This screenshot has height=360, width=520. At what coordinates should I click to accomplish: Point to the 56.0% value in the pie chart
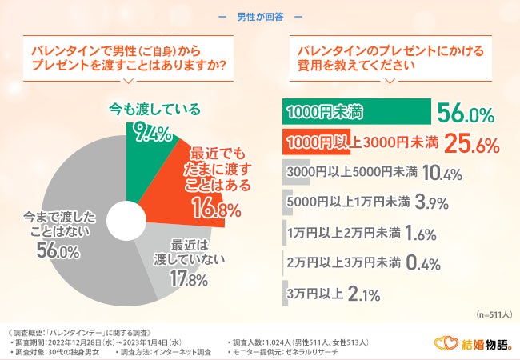[x=58, y=252]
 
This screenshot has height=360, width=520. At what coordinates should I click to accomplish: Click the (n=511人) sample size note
[x=493, y=314]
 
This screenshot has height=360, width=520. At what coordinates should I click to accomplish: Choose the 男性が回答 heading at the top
[x=260, y=16]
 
